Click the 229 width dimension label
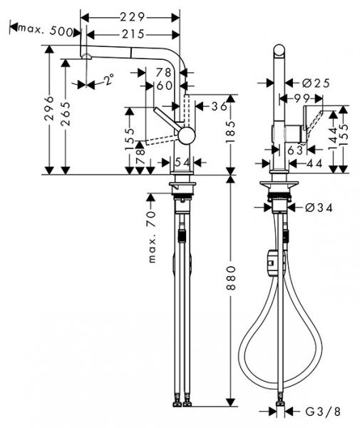(133, 18)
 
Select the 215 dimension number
(133, 34)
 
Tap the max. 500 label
(46, 30)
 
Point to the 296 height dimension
(49, 108)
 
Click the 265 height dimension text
(66, 114)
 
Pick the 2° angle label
(108, 79)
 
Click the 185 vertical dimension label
(231, 132)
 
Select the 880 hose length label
(231, 278)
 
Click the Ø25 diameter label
(316, 83)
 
